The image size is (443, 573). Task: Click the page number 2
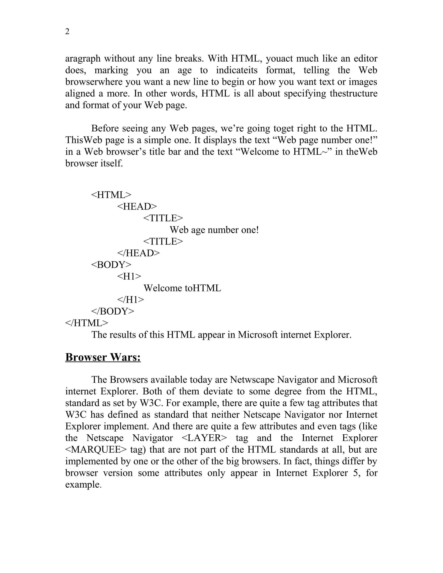67,32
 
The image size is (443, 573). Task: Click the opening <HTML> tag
111,195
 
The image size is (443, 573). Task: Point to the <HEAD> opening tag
137,206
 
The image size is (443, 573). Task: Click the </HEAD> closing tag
138,253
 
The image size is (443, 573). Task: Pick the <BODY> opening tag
111,265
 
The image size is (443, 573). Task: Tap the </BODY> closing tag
112,311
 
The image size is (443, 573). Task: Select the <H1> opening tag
129,276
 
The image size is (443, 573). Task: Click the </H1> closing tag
130,300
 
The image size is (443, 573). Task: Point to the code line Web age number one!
214,230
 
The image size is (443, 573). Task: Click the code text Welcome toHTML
182,288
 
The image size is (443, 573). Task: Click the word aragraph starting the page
83,59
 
